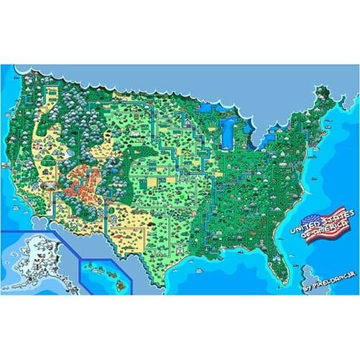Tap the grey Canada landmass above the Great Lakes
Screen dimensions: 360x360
tap(216, 86)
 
